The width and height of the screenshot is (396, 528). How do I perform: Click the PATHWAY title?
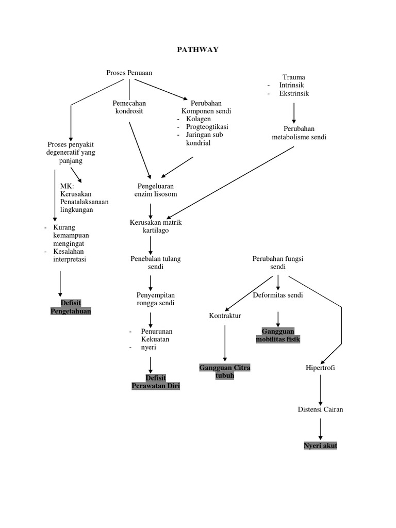pyautogui.click(x=197, y=49)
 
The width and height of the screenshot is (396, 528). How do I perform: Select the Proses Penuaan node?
pyautogui.click(x=129, y=73)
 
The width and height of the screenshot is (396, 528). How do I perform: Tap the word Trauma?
pyautogui.click(x=294, y=77)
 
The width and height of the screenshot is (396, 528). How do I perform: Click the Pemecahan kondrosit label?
pyautogui.click(x=129, y=107)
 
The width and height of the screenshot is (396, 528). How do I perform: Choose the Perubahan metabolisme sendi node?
pyautogui.click(x=299, y=133)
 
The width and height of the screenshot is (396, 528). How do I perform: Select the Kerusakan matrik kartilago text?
pyautogui.click(x=156, y=226)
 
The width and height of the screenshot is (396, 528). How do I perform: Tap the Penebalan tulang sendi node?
pyautogui.click(x=156, y=263)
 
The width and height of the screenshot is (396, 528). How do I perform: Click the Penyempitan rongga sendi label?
pyautogui.click(x=156, y=299)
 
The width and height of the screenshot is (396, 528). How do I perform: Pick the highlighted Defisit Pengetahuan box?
pyautogui.click(x=71, y=307)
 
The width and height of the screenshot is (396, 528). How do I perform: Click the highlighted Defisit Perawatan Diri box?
pyautogui.click(x=156, y=382)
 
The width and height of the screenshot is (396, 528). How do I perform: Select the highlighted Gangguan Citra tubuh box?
pyautogui.click(x=224, y=371)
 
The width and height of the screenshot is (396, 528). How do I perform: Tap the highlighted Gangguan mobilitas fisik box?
pyautogui.click(x=278, y=335)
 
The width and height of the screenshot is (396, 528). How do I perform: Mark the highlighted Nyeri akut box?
pyautogui.click(x=320, y=445)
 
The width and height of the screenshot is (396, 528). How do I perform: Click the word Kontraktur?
pyautogui.click(x=225, y=316)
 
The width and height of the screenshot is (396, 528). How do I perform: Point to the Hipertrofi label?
pyautogui.click(x=320, y=368)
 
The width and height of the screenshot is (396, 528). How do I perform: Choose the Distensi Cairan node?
pyautogui.click(x=320, y=409)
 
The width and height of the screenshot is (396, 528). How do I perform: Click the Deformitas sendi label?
pyautogui.click(x=278, y=295)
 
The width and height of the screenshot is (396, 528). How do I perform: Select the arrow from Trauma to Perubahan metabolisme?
pyautogui.click(x=294, y=112)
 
